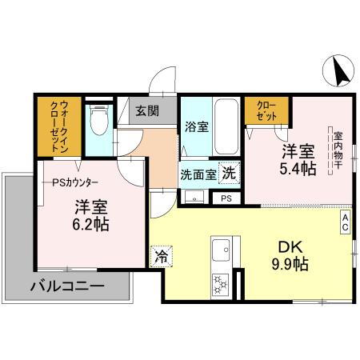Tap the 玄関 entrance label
146,110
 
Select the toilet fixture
100,124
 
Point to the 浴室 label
196,126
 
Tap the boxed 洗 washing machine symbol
229,172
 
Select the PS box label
226,197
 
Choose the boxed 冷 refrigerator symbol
161,257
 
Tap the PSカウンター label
74,182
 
